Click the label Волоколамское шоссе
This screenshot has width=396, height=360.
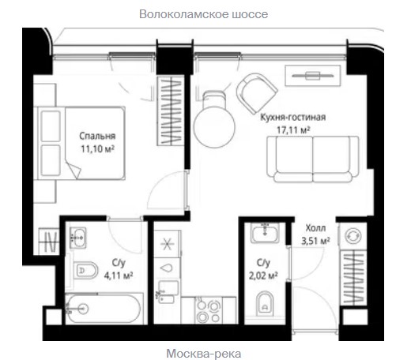tap(203, 14)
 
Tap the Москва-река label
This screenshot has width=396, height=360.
tap(204, 354)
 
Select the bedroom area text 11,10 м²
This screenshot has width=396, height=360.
tap(97, 149)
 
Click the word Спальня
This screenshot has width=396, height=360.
tap(97, 136)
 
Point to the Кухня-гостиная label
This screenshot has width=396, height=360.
tap(293, 117)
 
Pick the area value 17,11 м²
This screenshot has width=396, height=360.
tap(293, 129)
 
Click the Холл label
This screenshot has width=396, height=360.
tap(315, 228)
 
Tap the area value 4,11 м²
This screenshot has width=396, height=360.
tap(119, 276)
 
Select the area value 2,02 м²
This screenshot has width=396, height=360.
tap(263, 276)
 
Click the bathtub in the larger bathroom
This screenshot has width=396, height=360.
tap(103, 309)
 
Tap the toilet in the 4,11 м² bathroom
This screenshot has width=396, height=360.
tap(85, 270)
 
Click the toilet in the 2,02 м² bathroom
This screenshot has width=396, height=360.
tap(265, 303)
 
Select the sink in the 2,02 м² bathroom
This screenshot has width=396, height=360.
tap(265, 233)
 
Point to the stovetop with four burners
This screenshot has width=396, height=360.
tap(208, 310)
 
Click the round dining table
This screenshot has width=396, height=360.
tap(214, 127)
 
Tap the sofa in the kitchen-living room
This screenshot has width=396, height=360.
tap(313, 159)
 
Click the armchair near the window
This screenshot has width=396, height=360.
tap(256, 93)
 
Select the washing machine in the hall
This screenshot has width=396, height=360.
tap(353, 236)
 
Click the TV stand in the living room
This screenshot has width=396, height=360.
tap(313, 76)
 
